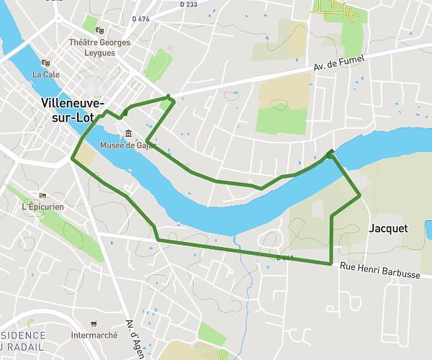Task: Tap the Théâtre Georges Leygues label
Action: point(100,48)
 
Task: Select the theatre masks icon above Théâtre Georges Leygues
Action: point(99,30)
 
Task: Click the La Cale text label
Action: point(46,74)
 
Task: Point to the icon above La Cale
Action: point(45,63)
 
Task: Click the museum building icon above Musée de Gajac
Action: point(127,133)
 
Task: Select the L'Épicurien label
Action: point(43,207)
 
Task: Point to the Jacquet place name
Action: point(387,228)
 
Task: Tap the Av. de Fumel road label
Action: point(340,63)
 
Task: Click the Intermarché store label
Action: point(94,336)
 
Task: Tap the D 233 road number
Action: point(187,4)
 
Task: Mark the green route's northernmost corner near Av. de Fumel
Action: point(168,96)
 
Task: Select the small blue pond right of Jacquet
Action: point(429,230)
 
